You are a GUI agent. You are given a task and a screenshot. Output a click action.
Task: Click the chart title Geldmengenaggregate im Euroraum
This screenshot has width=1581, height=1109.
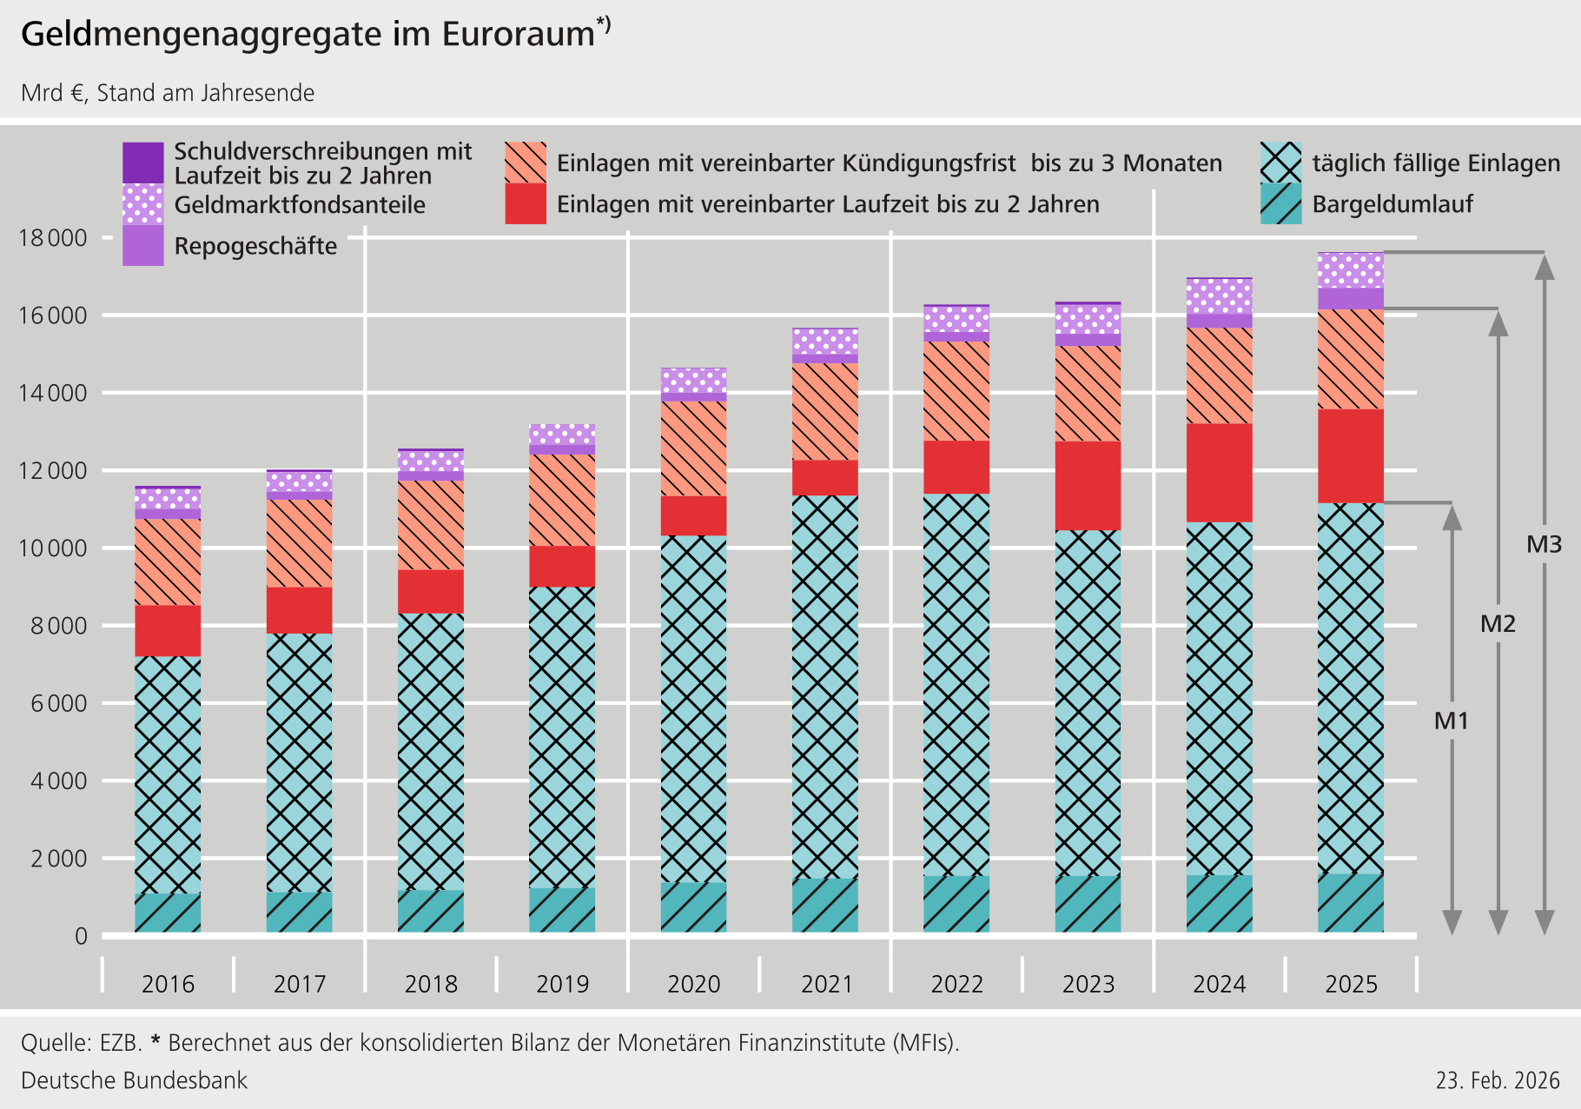pos(308,35)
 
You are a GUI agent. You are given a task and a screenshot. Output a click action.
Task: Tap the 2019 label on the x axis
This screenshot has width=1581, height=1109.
pos(562,984)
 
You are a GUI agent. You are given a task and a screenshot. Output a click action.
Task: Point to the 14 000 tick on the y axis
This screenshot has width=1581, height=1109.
pos(53,393)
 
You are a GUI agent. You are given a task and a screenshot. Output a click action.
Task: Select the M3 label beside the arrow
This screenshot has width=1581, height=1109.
pos(1544,545)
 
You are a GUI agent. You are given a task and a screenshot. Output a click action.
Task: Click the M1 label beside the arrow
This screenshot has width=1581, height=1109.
pos(1451,721)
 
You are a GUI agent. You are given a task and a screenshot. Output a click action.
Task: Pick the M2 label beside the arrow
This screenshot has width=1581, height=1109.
pos(1498,623)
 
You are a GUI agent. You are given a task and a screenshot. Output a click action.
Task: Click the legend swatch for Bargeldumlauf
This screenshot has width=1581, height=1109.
pos(1280,204)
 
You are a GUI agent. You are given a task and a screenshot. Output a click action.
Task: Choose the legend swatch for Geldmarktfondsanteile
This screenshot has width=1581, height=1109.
pos(143,204)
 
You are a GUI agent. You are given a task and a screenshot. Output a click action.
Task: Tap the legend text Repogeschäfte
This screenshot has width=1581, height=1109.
pos(255,246)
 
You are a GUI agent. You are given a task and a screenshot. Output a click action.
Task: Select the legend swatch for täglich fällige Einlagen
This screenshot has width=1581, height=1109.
pos(1280,163)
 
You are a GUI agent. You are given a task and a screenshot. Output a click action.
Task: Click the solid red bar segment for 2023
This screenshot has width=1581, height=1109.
pos(1088,485)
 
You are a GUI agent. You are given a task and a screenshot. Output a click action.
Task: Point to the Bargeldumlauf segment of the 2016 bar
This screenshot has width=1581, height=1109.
pos(168,913)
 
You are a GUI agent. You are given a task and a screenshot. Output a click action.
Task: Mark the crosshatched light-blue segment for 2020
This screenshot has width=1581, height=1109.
pos(693,708)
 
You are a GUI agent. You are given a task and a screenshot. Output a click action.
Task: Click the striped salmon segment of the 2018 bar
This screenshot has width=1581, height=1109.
pos(431,525)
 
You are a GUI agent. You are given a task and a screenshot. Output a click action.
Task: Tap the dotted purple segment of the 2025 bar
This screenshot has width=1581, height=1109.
pos(1351,270)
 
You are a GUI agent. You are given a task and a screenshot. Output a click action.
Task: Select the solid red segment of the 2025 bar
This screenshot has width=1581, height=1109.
pos(1351,455)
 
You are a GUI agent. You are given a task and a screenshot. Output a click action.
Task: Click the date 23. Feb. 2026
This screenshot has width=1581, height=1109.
pos(1498,1080)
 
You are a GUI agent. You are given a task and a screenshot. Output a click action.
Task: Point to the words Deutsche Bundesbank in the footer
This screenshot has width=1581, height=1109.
pos(134,1080)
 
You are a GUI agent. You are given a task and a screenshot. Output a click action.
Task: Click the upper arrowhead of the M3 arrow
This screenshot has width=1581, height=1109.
pos(1544,267)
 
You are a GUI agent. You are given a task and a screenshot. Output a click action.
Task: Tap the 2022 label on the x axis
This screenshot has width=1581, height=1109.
pos(956,984)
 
